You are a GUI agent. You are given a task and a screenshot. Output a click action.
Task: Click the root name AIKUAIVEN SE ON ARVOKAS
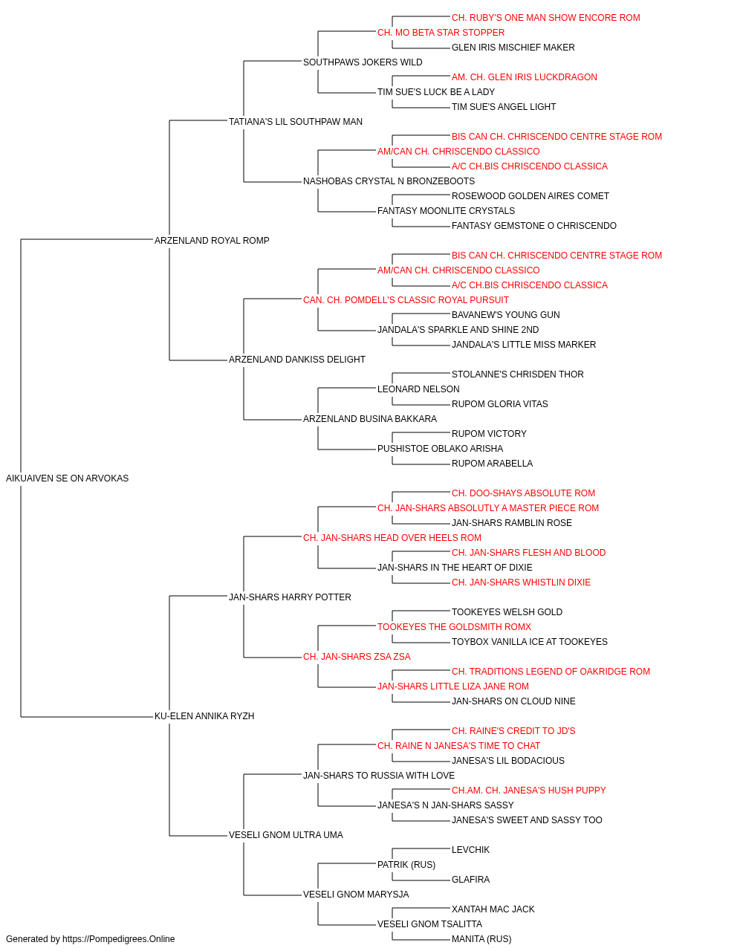67,478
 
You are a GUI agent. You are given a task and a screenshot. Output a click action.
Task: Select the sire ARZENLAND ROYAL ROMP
212,240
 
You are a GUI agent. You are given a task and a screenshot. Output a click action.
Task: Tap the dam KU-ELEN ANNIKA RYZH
204,716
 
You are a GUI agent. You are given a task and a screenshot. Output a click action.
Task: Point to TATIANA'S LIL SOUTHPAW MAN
296,122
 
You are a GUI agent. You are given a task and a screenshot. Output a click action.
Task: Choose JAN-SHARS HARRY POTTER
290,597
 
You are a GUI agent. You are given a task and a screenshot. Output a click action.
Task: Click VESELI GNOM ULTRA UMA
286,834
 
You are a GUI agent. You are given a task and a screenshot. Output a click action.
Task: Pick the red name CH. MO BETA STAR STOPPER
441,33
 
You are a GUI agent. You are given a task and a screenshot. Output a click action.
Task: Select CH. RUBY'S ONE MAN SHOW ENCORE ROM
545,18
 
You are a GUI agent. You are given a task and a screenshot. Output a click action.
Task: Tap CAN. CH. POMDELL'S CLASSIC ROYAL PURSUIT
406,299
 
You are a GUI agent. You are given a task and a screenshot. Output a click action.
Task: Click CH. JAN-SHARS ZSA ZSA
357,657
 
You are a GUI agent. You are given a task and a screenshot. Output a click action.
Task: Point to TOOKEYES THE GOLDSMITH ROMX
454,627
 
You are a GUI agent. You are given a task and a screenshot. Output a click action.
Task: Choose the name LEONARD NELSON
418,389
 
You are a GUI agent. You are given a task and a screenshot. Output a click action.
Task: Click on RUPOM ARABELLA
492,464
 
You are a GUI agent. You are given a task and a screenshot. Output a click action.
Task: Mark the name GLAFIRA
470,879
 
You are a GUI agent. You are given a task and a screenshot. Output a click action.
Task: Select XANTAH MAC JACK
493,909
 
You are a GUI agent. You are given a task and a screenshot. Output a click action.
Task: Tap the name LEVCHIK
470,849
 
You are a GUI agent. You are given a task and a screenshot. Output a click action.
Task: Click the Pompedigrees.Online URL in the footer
118,939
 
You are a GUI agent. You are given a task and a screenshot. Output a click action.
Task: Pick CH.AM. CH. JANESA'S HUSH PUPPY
528,790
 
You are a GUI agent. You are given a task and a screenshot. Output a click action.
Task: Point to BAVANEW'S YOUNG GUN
505,315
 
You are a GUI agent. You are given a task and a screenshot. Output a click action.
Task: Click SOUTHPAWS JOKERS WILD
363,62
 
